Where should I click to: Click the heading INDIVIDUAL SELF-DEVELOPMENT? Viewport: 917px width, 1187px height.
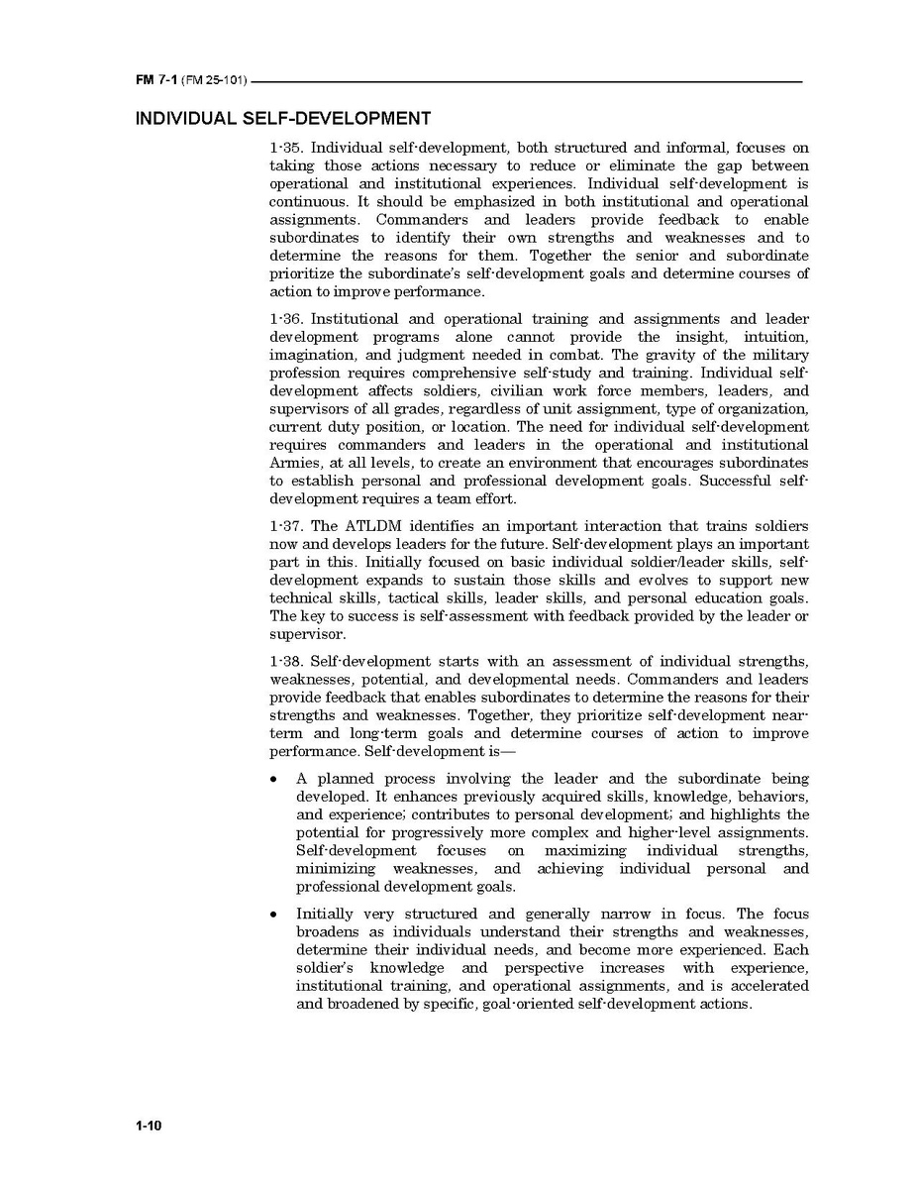click(282, 119)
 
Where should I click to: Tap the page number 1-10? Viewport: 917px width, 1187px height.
click(149, 1127)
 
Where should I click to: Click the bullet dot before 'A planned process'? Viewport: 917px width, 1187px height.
click(274, 780)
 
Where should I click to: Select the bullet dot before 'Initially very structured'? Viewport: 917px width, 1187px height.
click(274, 915)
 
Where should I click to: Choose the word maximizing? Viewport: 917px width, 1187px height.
click(585, 851)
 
